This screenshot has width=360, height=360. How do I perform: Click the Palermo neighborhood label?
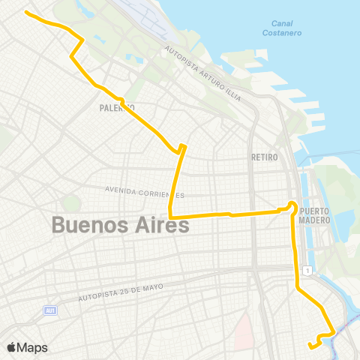click(115, 108)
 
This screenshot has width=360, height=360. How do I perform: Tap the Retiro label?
click(265, 157)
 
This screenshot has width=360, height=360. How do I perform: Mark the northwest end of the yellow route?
click(27, 13)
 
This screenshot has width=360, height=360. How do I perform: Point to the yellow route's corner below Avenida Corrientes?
click(171, 217)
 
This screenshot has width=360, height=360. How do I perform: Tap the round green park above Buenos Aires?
click(71, 202)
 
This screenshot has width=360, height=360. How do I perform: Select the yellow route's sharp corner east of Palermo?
click(183, 146)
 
